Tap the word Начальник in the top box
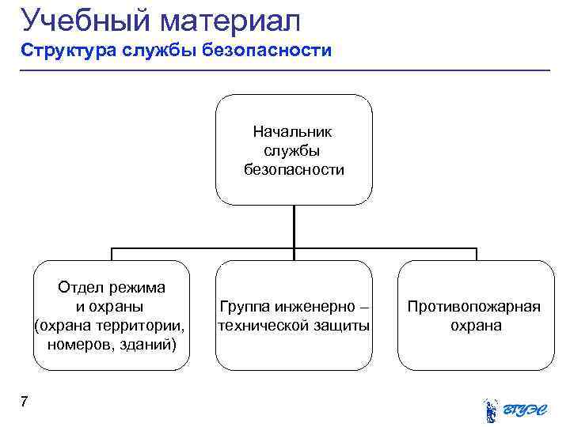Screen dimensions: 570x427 click(x=294, y=130)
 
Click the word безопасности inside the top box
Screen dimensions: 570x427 click(x=294, y=169)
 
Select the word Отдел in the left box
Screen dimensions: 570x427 click(x=80, y=287)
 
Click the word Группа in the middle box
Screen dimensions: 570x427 click(x=245, y=306)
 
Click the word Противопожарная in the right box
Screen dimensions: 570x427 click(x=474, y=306)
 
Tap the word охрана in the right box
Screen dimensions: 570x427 click(x=475, y=325)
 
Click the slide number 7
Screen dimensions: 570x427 click(x=25, y=402)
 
